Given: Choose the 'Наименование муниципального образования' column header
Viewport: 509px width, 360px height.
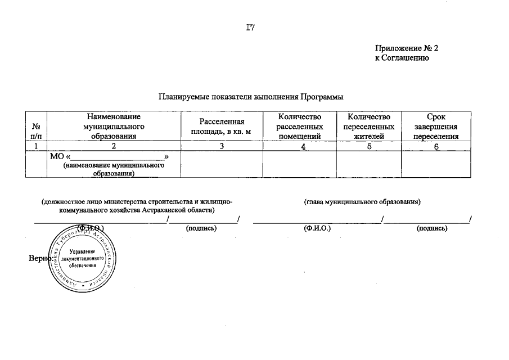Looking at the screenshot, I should pyautogui.click(x=114, y=126).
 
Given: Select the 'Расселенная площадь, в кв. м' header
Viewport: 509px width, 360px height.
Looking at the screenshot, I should pyautogui.click(x=222, y=127).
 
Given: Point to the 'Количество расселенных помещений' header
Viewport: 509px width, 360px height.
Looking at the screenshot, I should pyautogui.click(x=300, y=126).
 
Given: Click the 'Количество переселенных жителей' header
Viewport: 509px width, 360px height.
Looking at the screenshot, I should pyautogui.click(x=368, y=126).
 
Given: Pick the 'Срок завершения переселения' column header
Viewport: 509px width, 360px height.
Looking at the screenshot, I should pyautogui.click(x=436, y=126).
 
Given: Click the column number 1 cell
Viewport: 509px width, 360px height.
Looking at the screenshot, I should pyautogui.click(x=36, y=146).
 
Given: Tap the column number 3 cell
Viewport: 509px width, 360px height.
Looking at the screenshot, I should pyautogui.click(x=222, y=146).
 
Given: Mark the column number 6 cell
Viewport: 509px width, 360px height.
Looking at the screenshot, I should pyautogui.click(x=436, y=146).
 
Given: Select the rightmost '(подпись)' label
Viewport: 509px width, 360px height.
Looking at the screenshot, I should pyautogui.click(x=432, y=228).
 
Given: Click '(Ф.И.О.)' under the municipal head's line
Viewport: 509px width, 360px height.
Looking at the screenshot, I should pyautogui.click(x=317, y=228).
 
